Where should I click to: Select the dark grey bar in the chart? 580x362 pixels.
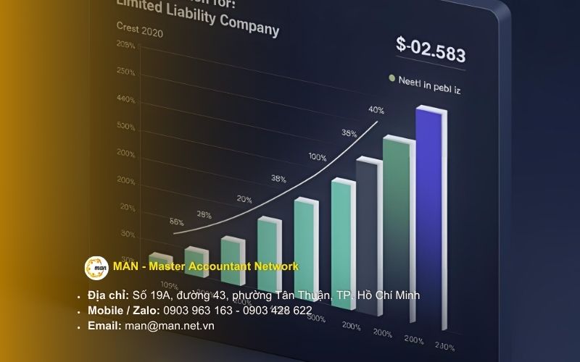(x=366, y=232)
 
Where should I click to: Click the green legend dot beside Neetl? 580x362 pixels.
(x=392, y=77)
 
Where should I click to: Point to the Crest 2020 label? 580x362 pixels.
(x=139, y=32)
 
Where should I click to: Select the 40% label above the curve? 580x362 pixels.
(x=376, y=110)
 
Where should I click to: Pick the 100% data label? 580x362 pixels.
(x=317, y=156)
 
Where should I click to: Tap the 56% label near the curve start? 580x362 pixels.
(x=176, y=222)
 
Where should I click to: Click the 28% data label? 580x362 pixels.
(x=204, y=214)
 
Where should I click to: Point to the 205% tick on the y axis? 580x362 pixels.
(x=125, y=46)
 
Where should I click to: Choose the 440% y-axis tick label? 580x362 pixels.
(x=125, y=98)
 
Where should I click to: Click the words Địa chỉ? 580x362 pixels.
(x=108, y=295)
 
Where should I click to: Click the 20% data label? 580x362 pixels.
(x=244, y=199)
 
